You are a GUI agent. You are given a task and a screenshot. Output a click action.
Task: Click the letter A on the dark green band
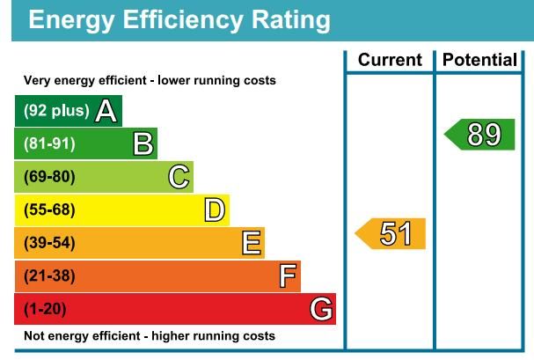click(x=106, y=111)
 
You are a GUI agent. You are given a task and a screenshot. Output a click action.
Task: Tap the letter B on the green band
click(x=143, y=143)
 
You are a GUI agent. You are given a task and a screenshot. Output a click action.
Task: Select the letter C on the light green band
click(x=179, y=177)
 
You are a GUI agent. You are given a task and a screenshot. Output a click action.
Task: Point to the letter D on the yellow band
click(x=215, y=209)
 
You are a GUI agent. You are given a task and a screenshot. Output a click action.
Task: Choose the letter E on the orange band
click(x=251, y=243)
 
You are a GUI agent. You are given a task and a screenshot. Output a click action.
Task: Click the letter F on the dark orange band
click(x=287, y=276)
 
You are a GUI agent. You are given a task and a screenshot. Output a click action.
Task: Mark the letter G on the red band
click(x=322, y=309)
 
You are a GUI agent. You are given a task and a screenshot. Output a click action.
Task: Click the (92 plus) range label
click(x=56, y=111)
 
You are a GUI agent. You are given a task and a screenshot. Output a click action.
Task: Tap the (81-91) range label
click(x=49, y=143)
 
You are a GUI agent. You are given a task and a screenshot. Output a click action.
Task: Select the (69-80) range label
click(x=49, y=177)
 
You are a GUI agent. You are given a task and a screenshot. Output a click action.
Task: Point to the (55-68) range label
click(x=49, y=209)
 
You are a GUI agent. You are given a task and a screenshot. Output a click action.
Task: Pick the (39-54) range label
click(x=49, y=243)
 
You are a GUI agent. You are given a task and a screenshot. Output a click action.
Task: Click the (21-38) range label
click(x=49, y=276)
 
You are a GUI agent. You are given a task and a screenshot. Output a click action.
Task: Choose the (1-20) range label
click(x=45, y=309)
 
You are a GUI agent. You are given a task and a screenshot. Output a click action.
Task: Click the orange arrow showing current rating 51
click(x=392, y=233)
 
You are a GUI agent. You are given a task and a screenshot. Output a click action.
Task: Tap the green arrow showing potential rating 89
click(x=481, y=135)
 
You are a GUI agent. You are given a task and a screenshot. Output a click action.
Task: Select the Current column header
click(x=391, y=61)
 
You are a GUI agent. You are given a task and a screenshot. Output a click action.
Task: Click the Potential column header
click(x=479, y=61)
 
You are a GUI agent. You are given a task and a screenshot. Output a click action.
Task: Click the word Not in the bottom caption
click(x=33, y=335)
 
